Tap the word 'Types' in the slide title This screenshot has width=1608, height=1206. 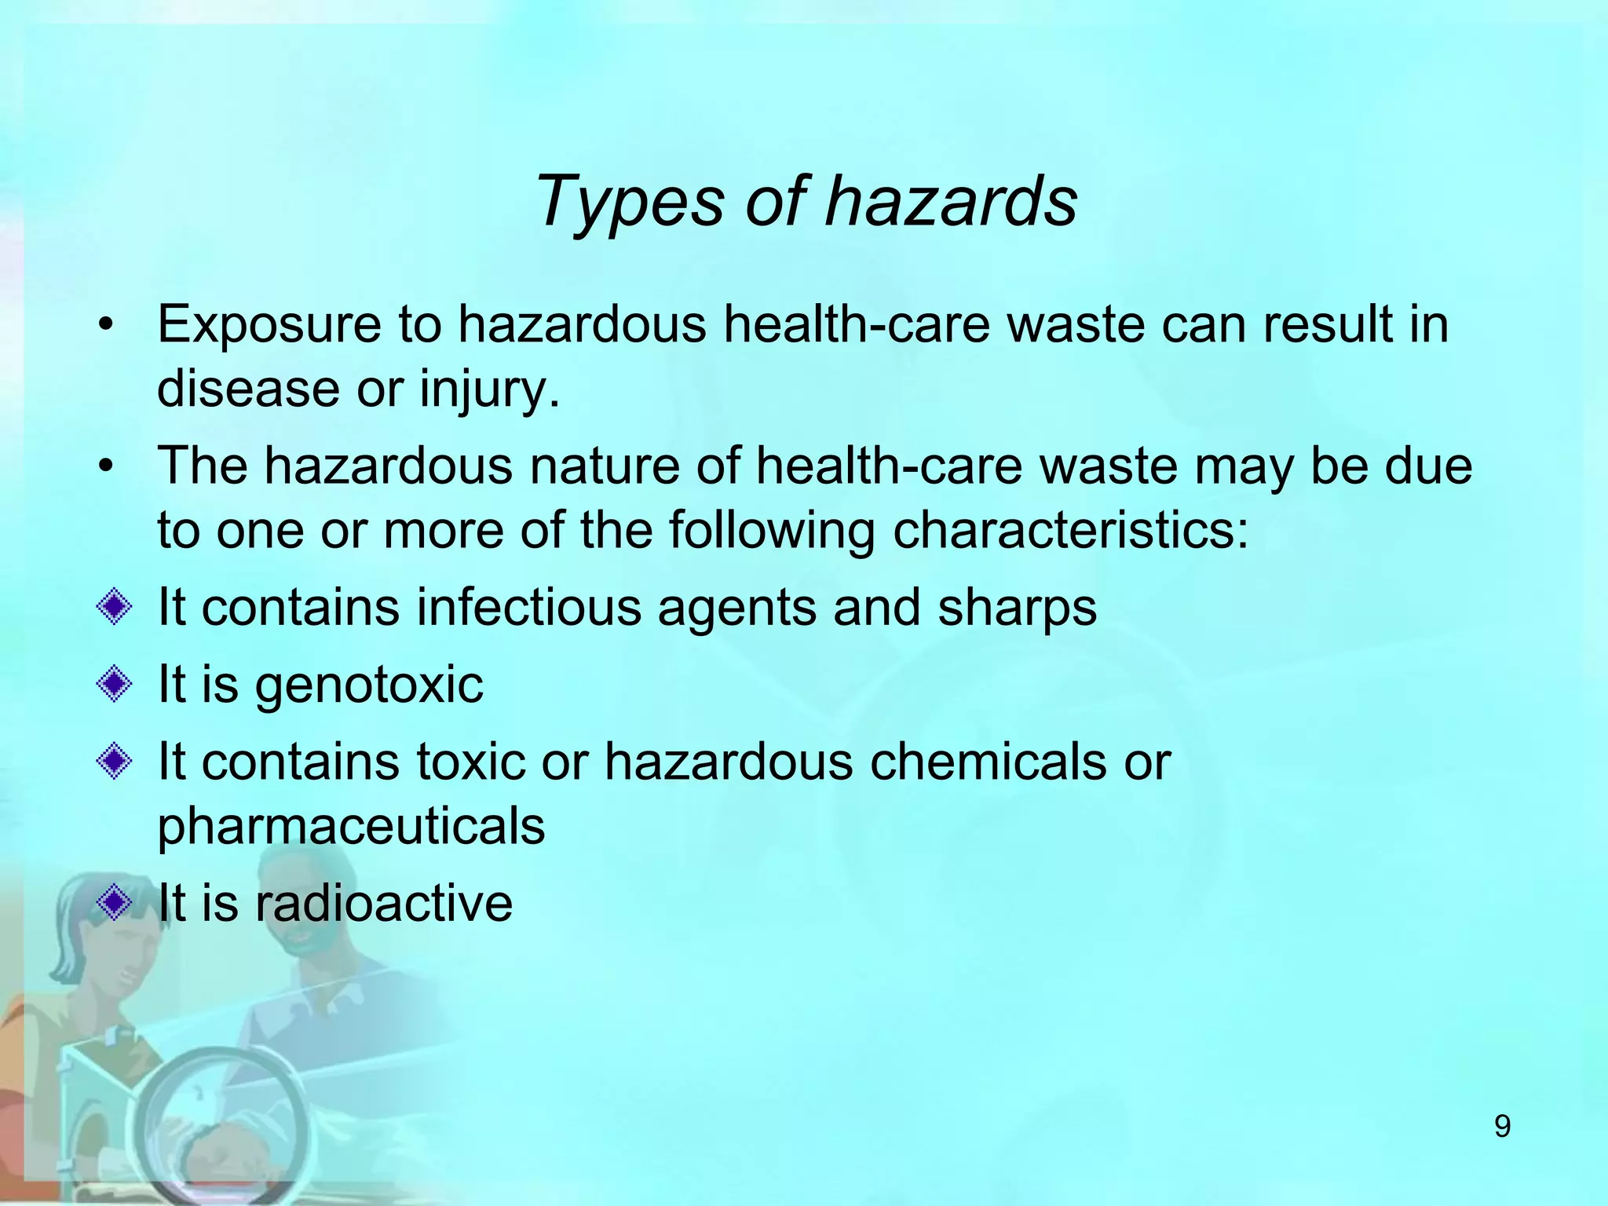pyautogui.click(x=628, y=203)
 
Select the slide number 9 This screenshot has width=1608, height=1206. pyautogui.click(x=1502, y=1127)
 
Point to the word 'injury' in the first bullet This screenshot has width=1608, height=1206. pyautogui.click(x=488, y=389)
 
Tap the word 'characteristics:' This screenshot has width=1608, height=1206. pyautogui.click(x=1070, y=530)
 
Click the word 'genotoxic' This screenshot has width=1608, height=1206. pyautogui.click(x=369, y=685)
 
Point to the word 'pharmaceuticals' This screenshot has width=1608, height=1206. pyautogui.click(x=351, y=826)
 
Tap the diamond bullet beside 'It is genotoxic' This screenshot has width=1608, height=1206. pyautogui.click(x=115, y=684)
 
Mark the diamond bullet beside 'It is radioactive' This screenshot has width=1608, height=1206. pyautogui.click(x=115, y=902)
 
